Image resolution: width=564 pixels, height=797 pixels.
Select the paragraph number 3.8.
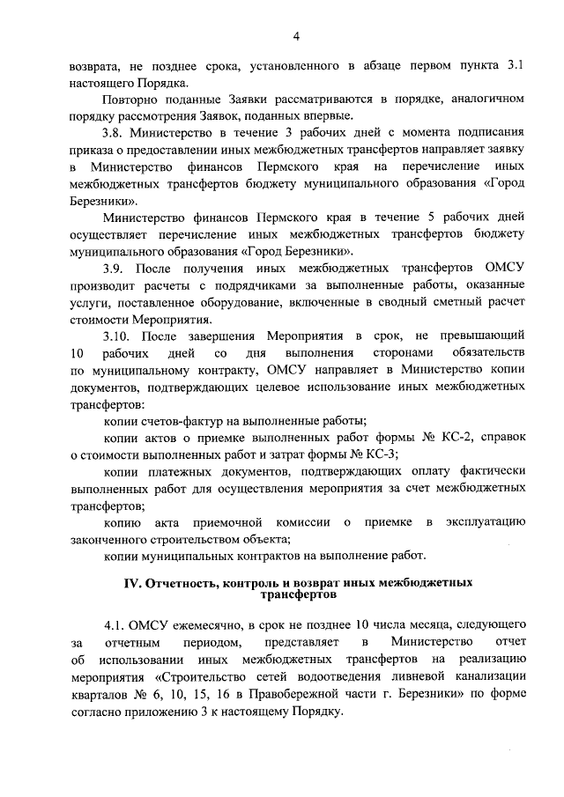point(114,133)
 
